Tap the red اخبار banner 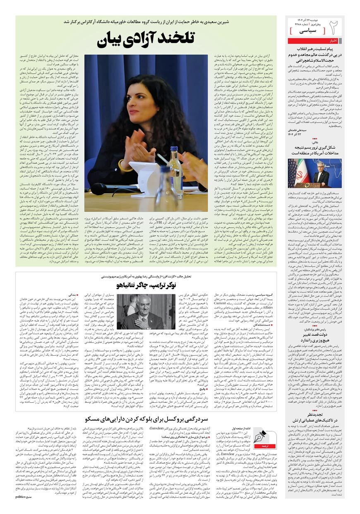pyautogui.click(x=333, y=41)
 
